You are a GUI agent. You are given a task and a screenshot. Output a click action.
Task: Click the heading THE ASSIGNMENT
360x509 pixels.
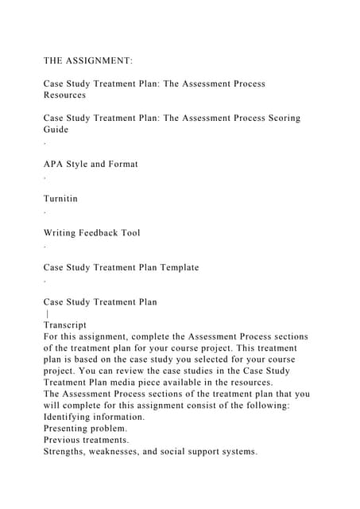(88, 60)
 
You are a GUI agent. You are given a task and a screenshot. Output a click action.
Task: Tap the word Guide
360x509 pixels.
(56, 129)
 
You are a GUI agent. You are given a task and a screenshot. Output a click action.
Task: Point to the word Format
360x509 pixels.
(119, 164)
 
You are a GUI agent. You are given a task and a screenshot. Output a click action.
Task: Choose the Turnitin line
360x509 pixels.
(60, 198)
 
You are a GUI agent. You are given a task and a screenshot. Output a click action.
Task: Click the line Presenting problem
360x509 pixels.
(84, 428)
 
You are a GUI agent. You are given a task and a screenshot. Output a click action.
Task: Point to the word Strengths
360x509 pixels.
(68, 451)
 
